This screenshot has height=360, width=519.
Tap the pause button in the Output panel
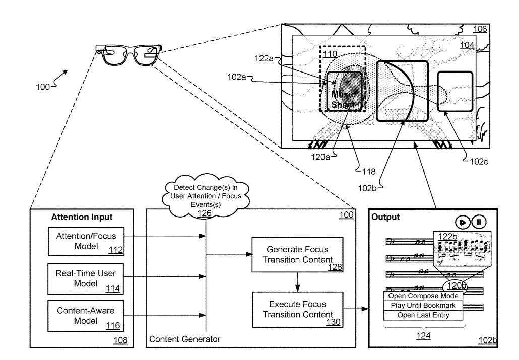(479, 222)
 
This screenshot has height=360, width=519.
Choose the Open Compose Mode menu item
(423, 296)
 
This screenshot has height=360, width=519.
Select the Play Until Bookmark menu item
(423, 306)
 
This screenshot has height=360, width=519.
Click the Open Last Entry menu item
(423, 315)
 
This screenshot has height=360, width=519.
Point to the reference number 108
(119, 341)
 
